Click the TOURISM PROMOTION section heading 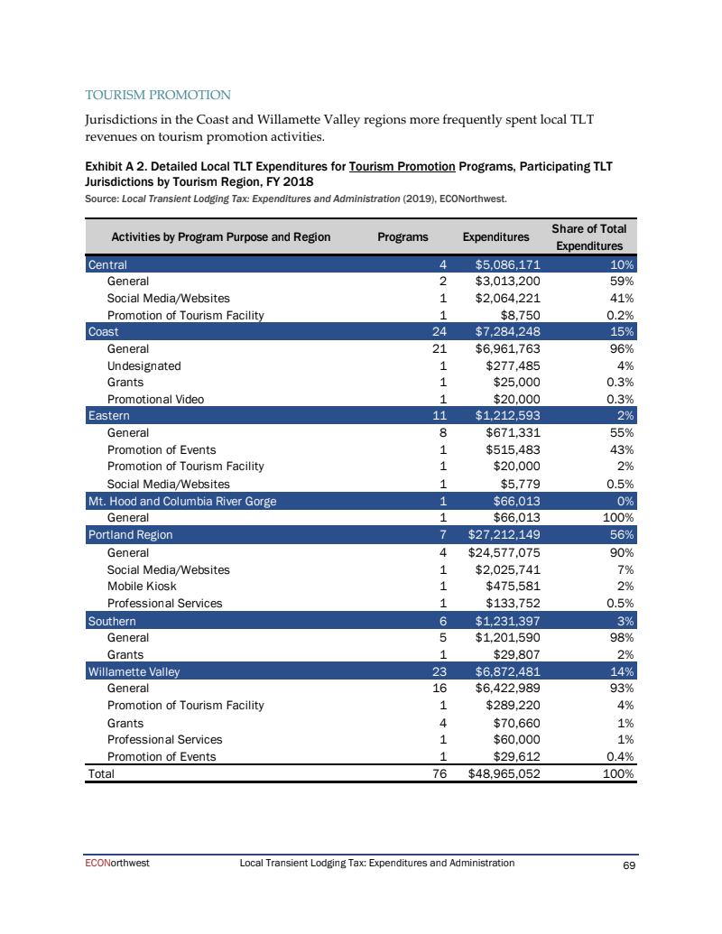click(x=158, y=95)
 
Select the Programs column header click(x=402, y=237)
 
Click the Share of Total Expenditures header click(x=589, y=237)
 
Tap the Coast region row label click(x=103, y=332)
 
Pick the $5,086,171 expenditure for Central click(x=507, y=265)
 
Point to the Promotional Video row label click(x=155, y=399)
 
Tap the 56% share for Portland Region click(x=623, y=534)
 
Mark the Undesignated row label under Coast click(x=143, y=365)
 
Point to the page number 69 click(x=630, y=865)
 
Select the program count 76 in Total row click(x=440, y=773)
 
